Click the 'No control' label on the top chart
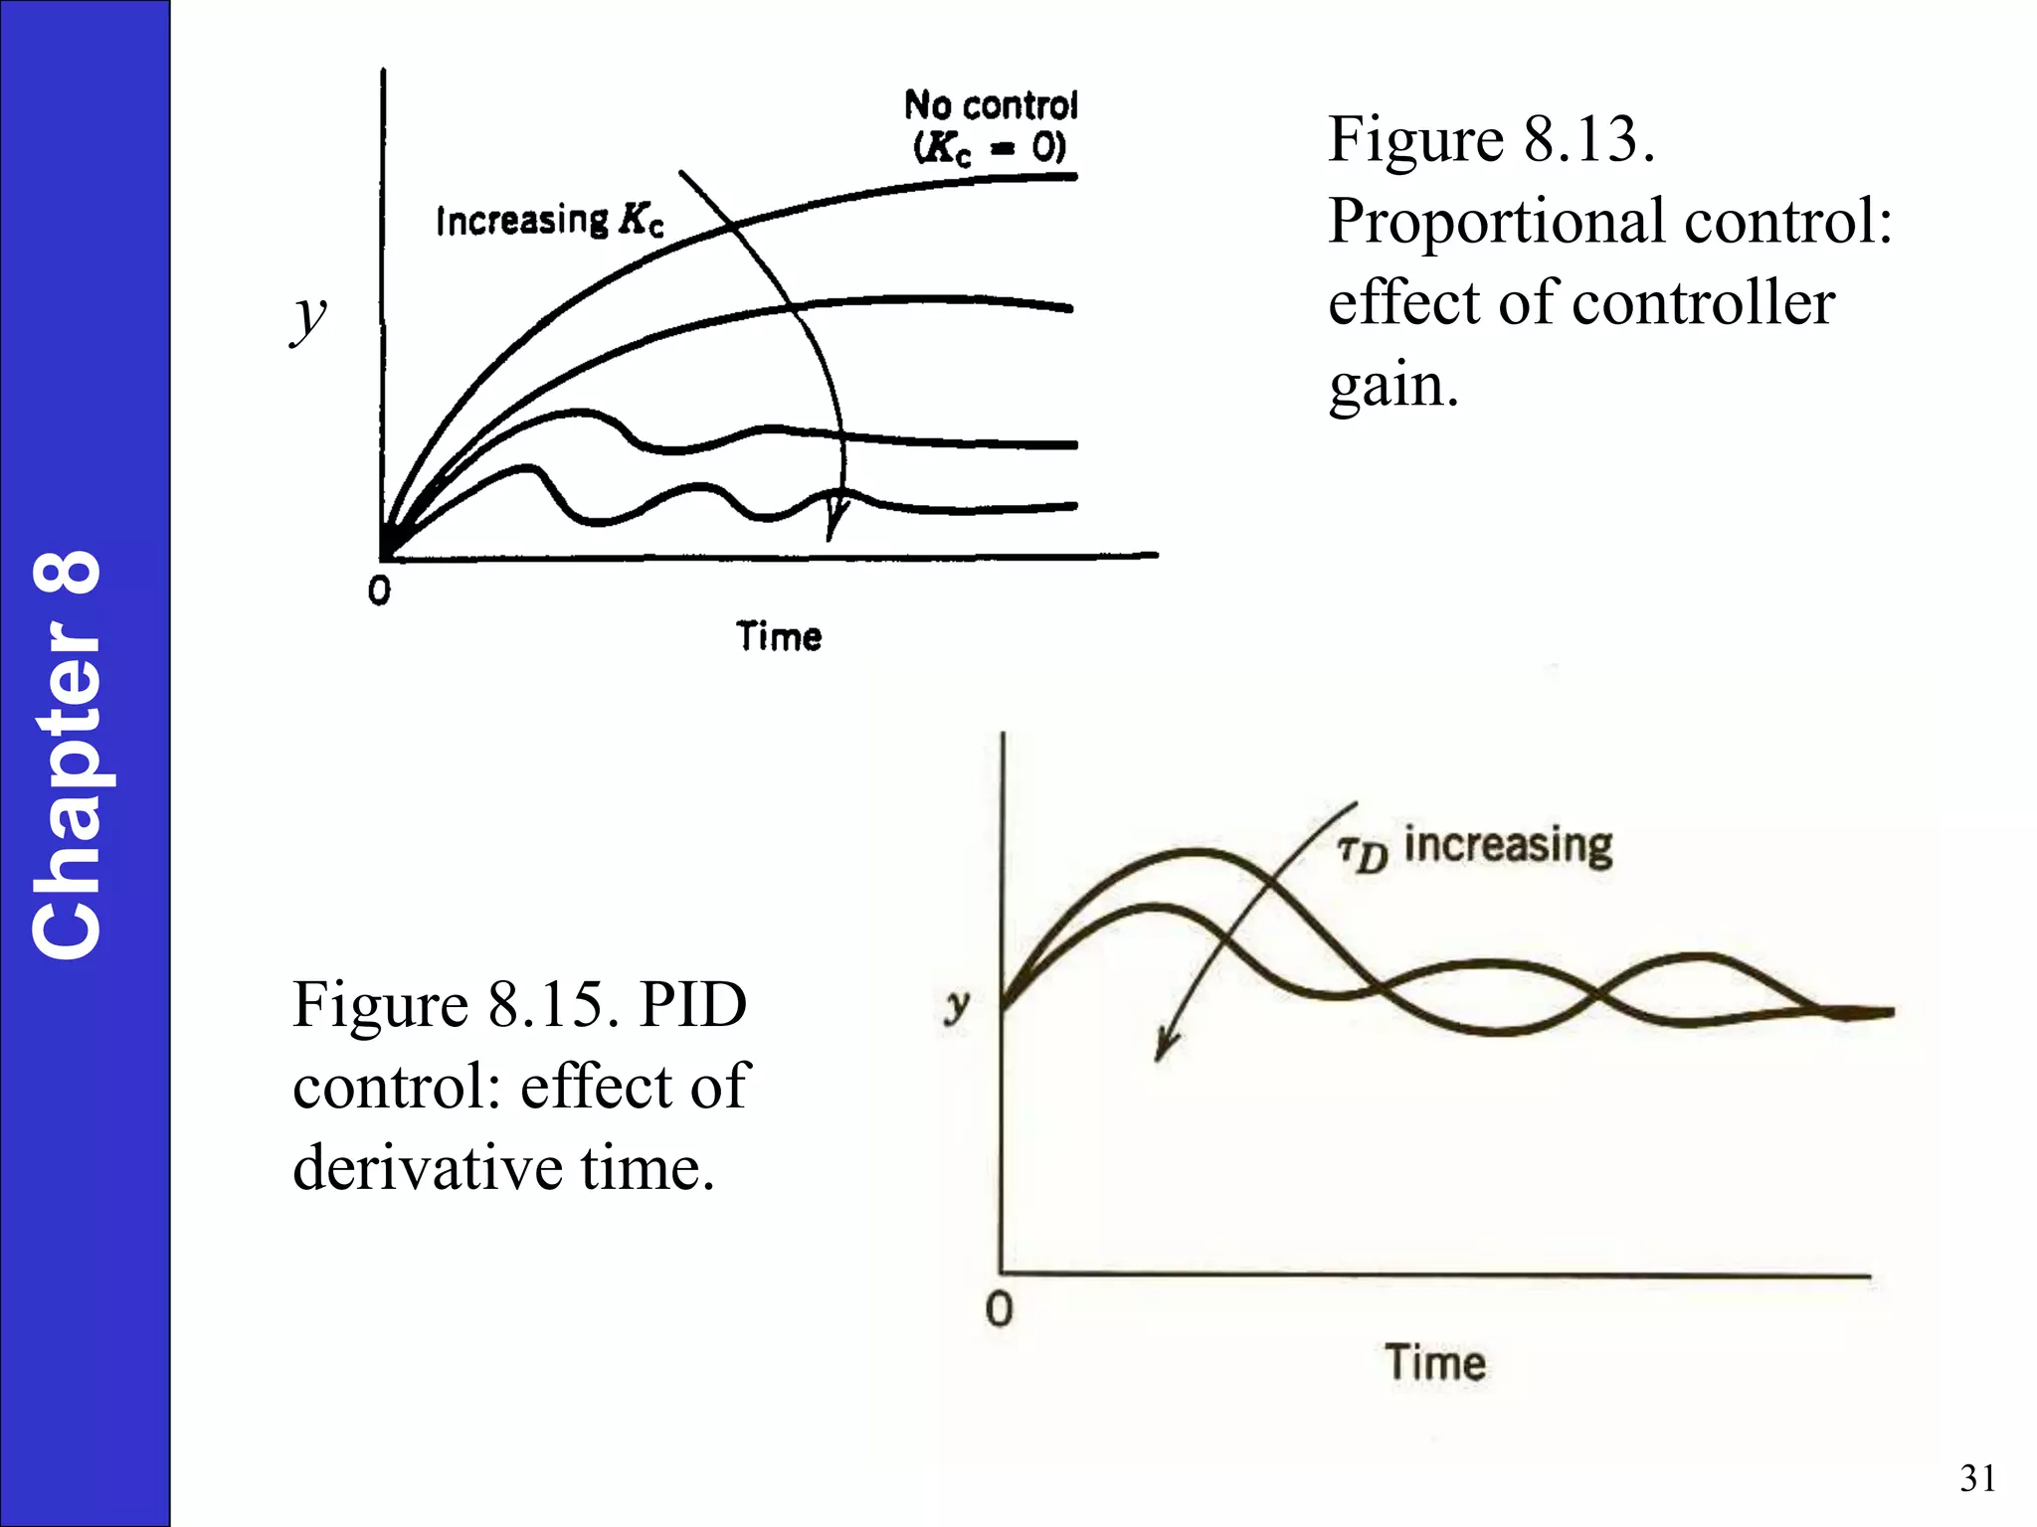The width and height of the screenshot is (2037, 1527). tap(991, 104)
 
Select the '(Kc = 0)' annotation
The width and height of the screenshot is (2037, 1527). tap(990, 148)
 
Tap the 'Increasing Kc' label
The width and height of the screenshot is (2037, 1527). tap(549, 220)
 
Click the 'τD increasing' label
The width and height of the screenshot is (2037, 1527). tap(1475, 848)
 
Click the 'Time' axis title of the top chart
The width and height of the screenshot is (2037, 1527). tap(779, 636)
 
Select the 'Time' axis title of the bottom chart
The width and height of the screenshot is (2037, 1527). tap(1435, 1362)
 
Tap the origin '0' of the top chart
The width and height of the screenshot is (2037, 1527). tap(379, 592)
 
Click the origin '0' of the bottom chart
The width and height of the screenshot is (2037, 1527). tap(999, 1309)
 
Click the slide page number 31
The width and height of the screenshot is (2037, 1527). tap(1977, 1478)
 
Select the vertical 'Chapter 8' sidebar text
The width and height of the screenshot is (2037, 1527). tap(68, 756)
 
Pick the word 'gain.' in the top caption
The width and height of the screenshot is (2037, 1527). tap(1393, 386)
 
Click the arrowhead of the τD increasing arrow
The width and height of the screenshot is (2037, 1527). tap(1164, 1049)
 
